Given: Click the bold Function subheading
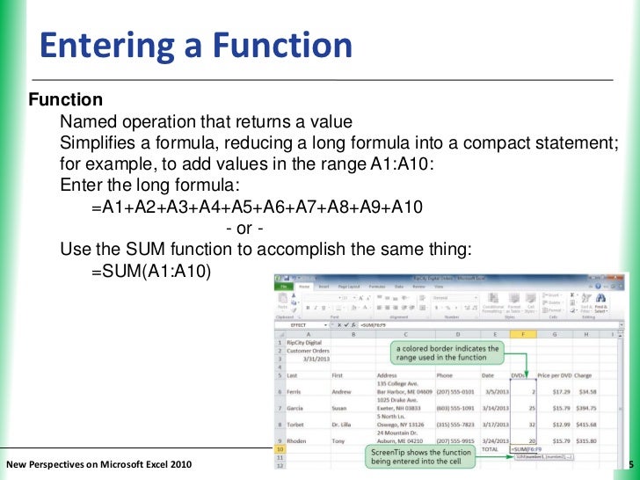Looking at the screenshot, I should click(x=66, y=100).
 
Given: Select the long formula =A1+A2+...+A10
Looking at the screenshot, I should click(x=258, y=208).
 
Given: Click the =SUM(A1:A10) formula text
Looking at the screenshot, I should click(x=151, y=272).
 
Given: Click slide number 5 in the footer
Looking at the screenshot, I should click(x=631, y=464).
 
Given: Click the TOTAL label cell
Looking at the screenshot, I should click(x=491, y=449).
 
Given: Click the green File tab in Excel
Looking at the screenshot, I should click(x=285, y=287).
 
